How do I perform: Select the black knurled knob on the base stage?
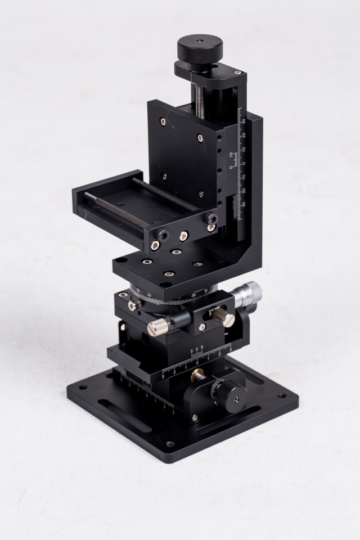[x=226, y=393]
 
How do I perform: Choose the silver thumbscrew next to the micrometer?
[x=223, y=317]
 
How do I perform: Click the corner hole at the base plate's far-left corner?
[x=82, y=388]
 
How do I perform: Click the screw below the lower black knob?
[x=195, y=418]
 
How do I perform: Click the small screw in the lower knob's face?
[x=236, y=398]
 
